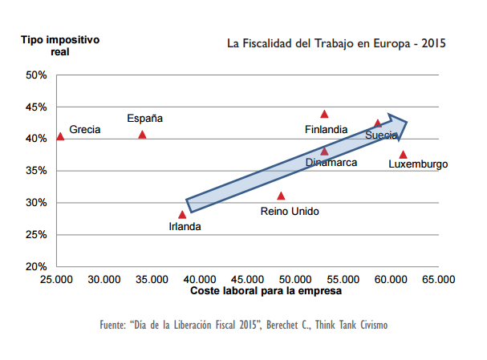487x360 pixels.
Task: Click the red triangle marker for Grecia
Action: pyautogui.click(x=60, y=136)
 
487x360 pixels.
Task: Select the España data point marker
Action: pyautogui.click(x=142, y=135)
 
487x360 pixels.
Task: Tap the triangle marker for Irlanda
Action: pyautogui.click(x=182, y=214)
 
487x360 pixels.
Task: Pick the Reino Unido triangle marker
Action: pyautogui.click(x=281, y=196)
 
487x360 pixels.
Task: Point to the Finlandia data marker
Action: pyautogui.click(x=324, y=114)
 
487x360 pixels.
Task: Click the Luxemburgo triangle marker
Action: pyautogui.click(x=403, y=155)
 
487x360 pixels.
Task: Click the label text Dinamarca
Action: pyautogui.click(x=331, y=162)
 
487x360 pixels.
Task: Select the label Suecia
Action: pyautogui.click(x=380, y=136)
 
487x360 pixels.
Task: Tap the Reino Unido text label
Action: pyautogui.click(x=290, y=212)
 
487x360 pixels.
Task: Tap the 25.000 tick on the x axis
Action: pyautogui.click(x=57, y=280)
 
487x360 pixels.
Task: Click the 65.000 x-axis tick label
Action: pyautogui.click(x=439, y=280)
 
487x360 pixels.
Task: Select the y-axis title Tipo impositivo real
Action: pyautogui.click(x=60, y=45)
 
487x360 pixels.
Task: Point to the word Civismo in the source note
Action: pyautogui.click(x=371, y=325)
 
